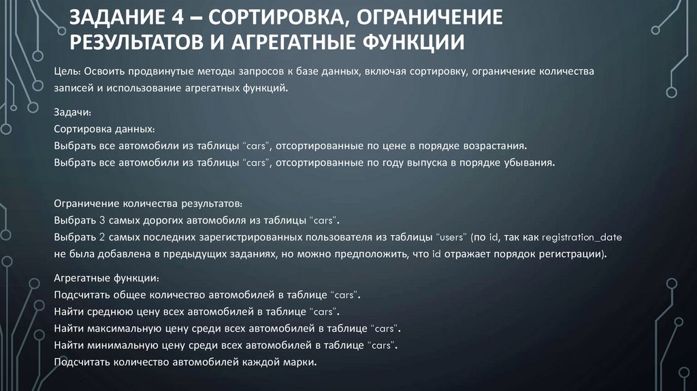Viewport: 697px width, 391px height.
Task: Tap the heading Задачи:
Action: tap(71, 111)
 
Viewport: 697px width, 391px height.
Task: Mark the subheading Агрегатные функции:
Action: tap(106, 278)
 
